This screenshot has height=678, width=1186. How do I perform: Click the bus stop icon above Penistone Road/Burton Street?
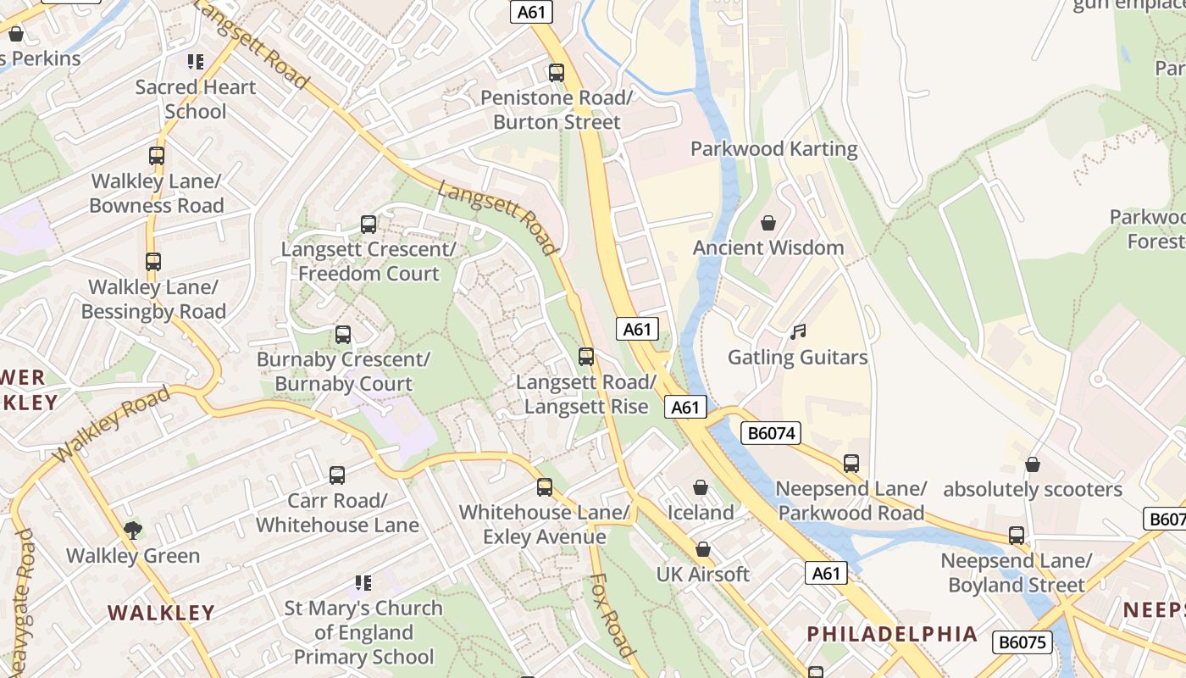pyautogui.click(x=557, y=73)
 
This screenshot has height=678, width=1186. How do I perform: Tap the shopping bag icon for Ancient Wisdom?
pyautogui.click(x=768, y=223)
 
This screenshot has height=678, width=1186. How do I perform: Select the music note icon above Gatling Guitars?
pyautogui.click(x=797, y=332)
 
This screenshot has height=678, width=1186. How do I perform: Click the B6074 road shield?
pyautogui.click(x=771, y=433)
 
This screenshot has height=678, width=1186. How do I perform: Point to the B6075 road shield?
pyautogui.click(x=1022, y=642)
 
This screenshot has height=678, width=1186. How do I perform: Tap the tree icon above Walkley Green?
pyautogui.click(x=132, y=531)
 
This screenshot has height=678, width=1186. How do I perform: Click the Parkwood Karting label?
pyautogui.click(x=773, y=149)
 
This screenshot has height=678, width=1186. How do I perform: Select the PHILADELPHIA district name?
pyautogui.click(x=892, y=634)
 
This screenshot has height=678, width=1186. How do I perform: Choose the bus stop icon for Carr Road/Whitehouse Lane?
pyautogui.click(x=337, y=475)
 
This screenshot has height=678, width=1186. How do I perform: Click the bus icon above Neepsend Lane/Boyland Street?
pyautogui.click(x=1017, y=536)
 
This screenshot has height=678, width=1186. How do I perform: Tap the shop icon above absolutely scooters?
pyautogui.click(x=1032, y=464)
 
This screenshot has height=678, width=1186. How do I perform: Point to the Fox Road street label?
pyautogui.click(x=612, y=615)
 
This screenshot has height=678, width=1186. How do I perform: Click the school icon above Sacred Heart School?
pyautogui.click(x=196, y=61)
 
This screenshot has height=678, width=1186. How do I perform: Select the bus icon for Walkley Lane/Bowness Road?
pyautogui.click(x=157, y=156)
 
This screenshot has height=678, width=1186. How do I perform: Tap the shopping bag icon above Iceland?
pyautogui.click(x=701, y=487)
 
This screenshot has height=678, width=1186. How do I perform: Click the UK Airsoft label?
pyautogui.click(x=703, y=574)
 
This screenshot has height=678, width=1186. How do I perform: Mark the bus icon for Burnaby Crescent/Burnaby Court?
pyautogui.click(x=343, y=335)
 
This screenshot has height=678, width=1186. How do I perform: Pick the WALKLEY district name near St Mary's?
pyautogui.click(x=161, y=613)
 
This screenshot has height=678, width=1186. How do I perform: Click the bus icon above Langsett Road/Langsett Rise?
pyautogui.click(x=586, y=357)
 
